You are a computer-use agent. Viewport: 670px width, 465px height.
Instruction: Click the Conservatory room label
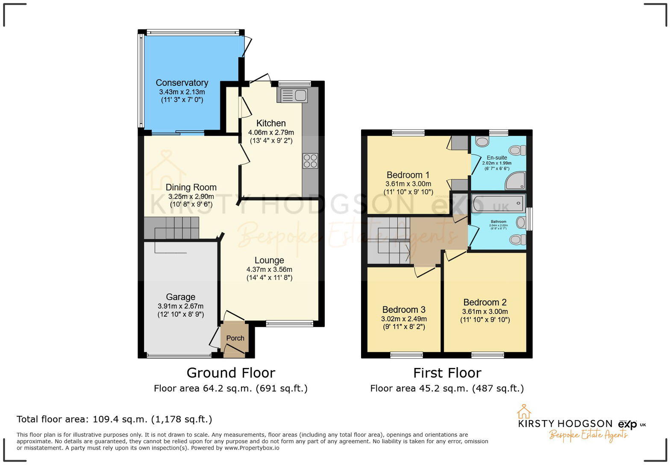tap(182, 82)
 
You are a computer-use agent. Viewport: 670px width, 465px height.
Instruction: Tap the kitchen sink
tap(292, 95)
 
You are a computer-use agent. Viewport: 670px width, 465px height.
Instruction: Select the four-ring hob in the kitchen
tap(310, 161)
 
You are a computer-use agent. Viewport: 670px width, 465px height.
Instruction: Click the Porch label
tap(235, 338)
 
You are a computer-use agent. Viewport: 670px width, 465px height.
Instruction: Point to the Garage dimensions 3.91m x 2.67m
tap(180, 306)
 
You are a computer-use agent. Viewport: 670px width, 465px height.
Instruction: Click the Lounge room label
tap(269, 260)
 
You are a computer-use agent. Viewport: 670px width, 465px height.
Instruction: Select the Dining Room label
tap(191, 187)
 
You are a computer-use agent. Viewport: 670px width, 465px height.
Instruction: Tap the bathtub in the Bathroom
tap(498, 203)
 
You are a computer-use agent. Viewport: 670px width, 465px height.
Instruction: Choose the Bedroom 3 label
tap(404, 309)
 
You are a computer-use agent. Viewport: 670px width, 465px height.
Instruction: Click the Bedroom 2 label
tap(485, 302)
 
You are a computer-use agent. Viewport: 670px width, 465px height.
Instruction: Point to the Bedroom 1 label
tap(408, 175)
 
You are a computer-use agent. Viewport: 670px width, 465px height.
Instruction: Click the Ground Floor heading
tap(231, 373)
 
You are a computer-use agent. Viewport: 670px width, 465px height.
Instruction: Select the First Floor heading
tap(447, 373)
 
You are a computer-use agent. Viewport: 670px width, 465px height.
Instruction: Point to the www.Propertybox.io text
tap(252, 448)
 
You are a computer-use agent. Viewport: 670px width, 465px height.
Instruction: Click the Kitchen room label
tap(271, 123)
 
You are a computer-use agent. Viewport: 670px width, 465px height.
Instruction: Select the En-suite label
tap(497, 158)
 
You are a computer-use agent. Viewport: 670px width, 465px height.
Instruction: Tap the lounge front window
tap(290, 324)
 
